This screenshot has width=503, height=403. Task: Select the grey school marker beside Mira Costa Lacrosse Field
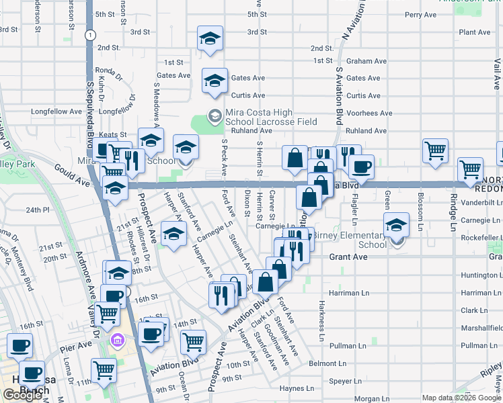pyautogui.click(x=215, y=116)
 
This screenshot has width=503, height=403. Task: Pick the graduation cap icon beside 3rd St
pyautogui.click(x=210, y=39)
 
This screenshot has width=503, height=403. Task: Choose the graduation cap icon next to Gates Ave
pyautogui.click(x=215, y=81)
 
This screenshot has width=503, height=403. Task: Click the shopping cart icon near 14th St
pyautogui.click(x=193, y=341)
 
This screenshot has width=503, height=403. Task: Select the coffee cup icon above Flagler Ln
pyautogui.click(x=361, y=167)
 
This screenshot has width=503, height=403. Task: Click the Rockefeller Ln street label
pyautogui.click(x=479, y=237)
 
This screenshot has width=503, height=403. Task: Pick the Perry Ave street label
pyautogui.click(x=420, y=14)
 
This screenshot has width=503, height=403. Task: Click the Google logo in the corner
pyautogui.click(x=23, y=395)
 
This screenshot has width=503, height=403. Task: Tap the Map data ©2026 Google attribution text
pyautogui.click(x=461, y=398)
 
